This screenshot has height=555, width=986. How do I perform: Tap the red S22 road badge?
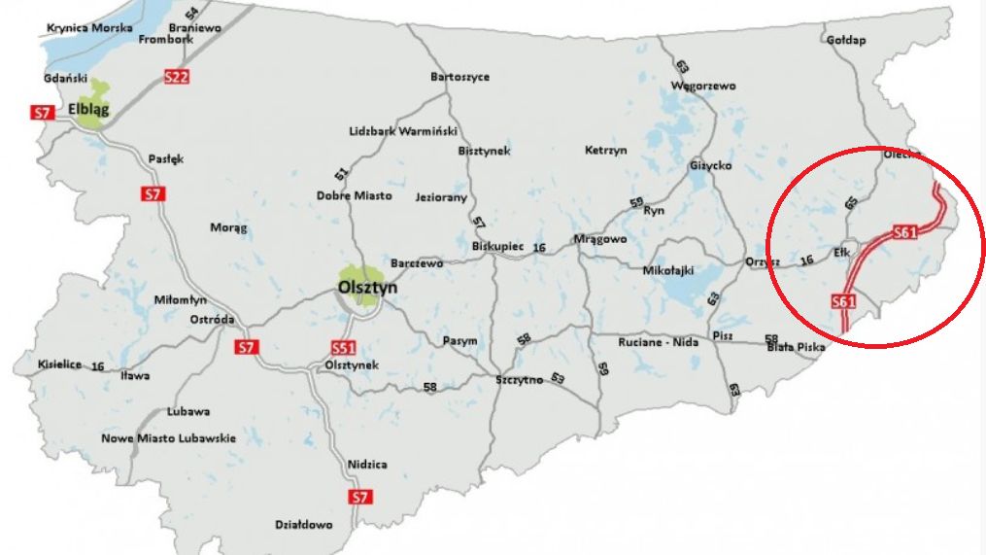tap(176, 77)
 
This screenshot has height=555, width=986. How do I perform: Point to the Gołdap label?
tap(844, 40)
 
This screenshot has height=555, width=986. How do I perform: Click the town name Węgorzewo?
tap(702, 86)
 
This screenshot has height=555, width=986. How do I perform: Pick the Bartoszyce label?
tap(459, 77)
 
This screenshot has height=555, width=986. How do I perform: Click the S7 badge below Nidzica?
tap(360, 498)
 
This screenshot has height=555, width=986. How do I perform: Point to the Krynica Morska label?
tap(89, 28)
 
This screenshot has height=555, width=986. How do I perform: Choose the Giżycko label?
tap(710, 165)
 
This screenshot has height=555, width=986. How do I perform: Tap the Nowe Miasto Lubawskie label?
tap(169, 438)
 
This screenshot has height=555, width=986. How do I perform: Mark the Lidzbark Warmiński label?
tap(403, 131)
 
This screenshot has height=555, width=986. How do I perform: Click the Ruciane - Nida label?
tap(658, 342)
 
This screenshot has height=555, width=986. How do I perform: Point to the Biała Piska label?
tap(796, 346)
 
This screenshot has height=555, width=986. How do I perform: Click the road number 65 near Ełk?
tap(851, 202)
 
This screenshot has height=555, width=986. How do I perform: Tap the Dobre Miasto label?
tap(355, 195)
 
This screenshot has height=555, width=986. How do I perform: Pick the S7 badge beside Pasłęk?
tap(153, 193)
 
